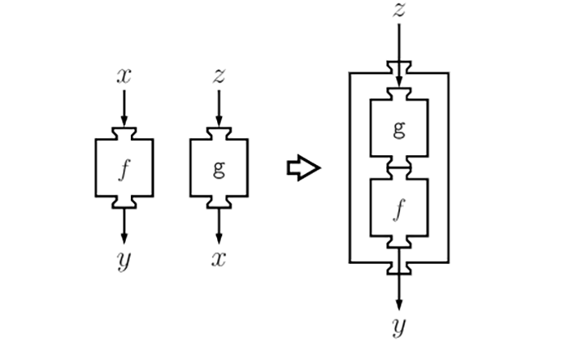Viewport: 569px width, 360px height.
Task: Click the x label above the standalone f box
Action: pos(124,76)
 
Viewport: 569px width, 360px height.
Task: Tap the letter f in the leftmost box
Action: pos(124,169)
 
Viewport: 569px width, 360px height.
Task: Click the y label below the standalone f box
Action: pos(124,262)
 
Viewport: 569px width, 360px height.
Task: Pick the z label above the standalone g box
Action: pos(219,76)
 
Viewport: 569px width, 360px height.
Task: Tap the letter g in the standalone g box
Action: pos(219,169)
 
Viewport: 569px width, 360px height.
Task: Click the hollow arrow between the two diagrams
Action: pos(303,169)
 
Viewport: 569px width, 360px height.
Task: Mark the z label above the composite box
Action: pos(398,11)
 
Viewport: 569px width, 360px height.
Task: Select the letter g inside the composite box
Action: pos(398,128)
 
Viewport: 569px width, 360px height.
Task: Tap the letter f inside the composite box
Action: pos(398,209)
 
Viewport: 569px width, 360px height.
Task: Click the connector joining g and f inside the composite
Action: pos(398,168)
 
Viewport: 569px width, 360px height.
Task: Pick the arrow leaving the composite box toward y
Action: pos(398,288)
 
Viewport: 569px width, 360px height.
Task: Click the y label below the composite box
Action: pos(398,327)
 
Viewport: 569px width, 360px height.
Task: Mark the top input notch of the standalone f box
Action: pos(124,133)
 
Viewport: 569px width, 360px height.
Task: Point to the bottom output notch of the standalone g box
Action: pos(219,202)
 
